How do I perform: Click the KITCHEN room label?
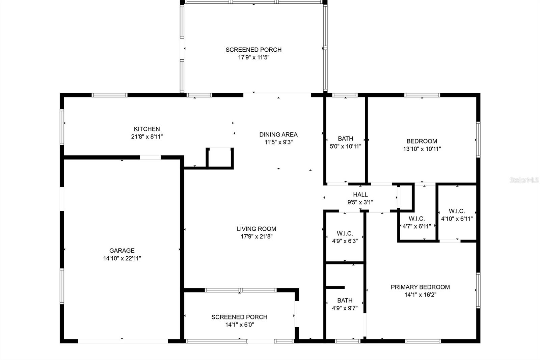point(147,129)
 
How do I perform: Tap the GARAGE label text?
point(122,251)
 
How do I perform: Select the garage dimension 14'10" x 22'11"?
point(122,258)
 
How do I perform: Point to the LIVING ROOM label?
point(256,229)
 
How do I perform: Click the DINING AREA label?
point(278,134)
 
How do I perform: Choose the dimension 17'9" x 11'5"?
point(253,57)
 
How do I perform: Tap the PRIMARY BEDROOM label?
point(420,287)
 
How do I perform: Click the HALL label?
point(360,195)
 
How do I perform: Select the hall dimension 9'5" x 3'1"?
point(360,202)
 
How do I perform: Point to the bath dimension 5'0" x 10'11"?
point(346,146)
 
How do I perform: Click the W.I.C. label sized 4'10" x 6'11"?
point(457,211)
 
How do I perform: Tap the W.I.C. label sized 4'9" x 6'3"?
point(345,233)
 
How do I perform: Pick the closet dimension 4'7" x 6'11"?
point(416,226)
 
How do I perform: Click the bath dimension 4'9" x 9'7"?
point(345,308)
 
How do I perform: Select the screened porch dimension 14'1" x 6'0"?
point(239,325)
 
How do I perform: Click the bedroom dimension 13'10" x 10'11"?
point(422,149)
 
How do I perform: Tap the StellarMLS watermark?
point(524,180)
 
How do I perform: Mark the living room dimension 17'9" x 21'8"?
point(256,236)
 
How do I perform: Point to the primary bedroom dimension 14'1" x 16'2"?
point(421,294)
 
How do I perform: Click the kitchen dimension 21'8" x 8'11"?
point(147,136)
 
